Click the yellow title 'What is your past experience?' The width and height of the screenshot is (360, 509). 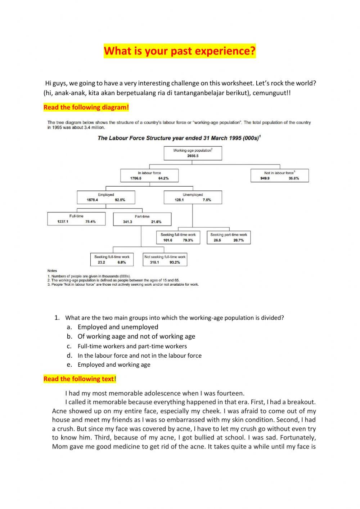[x=180, y=51]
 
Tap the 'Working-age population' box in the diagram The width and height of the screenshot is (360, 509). [x=193, y=153]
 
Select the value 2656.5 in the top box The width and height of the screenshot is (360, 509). [x=193, y=156]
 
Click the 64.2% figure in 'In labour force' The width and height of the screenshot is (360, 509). [x=163, y=178]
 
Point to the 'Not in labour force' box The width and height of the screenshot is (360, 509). [x=279, y=175]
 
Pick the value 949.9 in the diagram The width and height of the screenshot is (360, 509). [x=265, y=178]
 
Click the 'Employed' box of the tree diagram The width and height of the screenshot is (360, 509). [x=106, y=197]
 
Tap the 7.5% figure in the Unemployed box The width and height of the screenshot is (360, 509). [x=207, y=200]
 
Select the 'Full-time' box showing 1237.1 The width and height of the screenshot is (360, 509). [x=76, y=219]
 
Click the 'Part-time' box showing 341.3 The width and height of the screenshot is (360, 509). [x=142, y=219]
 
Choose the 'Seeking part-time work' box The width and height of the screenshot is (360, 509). [x=229, y=237]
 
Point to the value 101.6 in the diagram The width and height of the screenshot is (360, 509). [x=168, y=240]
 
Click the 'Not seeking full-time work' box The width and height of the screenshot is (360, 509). [x=165, y=259]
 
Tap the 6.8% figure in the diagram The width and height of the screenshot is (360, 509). [x=122, y=263]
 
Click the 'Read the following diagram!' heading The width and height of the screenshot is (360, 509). [x=86, y=107]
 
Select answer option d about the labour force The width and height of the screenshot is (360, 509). [x=139, y=356]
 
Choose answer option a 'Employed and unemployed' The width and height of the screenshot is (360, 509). [x=118, y=327]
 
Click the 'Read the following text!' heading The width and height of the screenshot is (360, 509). [x=80, y=379]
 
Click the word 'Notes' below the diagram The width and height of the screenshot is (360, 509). [x=52, y=271]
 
